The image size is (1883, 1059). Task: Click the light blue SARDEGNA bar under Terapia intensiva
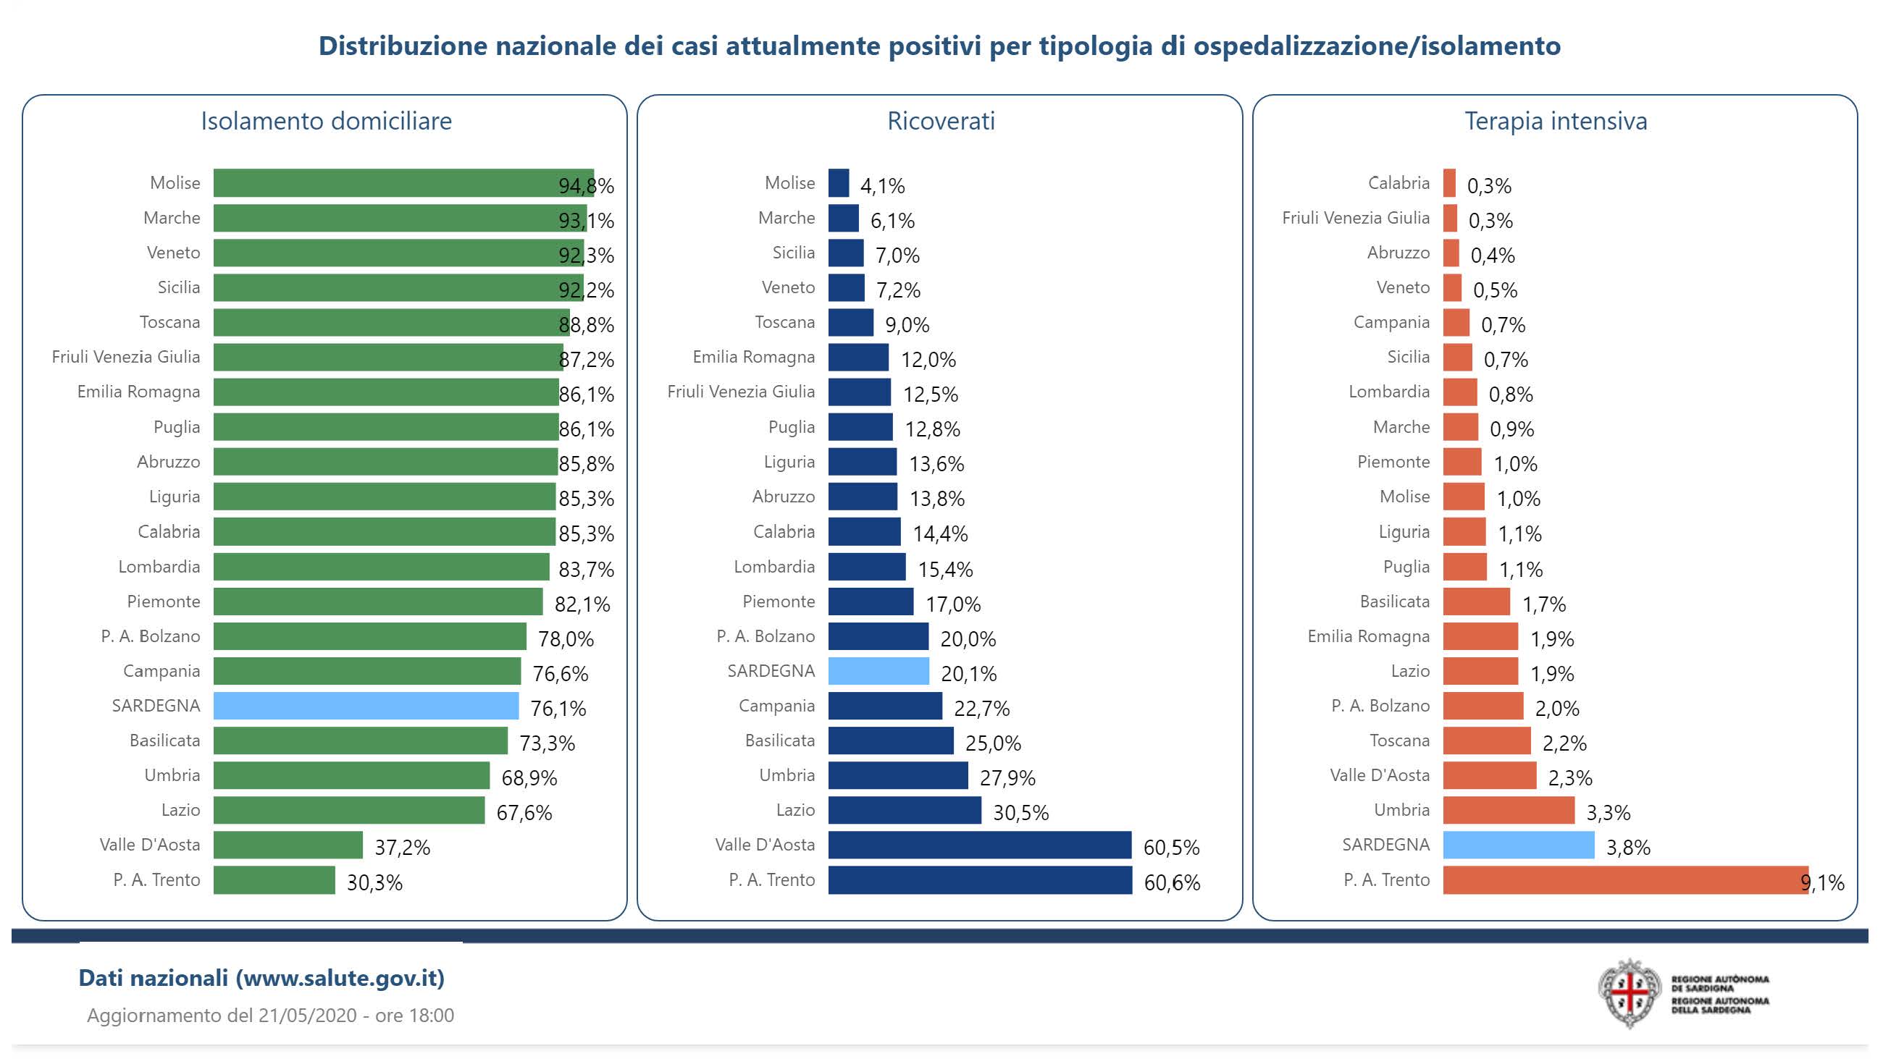point(1517,845)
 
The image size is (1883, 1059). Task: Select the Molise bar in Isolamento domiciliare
point(403,182)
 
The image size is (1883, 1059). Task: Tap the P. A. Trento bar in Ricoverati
point(979,880)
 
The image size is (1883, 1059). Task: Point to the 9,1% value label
point(1822,883)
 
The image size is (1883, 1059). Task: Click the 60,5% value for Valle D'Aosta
point(1171,848)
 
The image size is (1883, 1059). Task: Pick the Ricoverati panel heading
point(941,122)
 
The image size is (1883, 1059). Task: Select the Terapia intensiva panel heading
point(1556,122)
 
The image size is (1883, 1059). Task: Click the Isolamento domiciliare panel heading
point(326,122)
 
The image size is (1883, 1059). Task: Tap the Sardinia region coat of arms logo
point(1630,993)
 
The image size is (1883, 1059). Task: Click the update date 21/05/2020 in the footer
point(307,1016)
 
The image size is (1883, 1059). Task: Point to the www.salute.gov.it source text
point(340,978)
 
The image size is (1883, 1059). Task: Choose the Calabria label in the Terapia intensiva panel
point(1398,182)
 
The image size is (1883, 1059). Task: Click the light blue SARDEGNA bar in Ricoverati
point(878,671)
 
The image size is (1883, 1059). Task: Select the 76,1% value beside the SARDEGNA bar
point(558,708)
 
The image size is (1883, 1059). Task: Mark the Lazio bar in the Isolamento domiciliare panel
point(348,811)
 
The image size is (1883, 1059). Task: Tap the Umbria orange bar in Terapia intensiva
point(1508,811)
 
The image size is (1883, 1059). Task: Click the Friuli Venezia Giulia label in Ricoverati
point(740,392)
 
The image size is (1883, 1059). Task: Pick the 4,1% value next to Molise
point(882,186)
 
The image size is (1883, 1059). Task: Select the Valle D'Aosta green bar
point(288,845)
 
